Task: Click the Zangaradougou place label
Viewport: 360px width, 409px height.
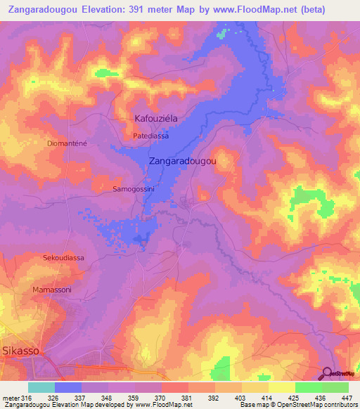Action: [182, 160]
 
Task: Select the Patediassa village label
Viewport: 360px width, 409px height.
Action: [150, 136]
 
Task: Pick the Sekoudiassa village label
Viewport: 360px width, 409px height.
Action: [63, 258]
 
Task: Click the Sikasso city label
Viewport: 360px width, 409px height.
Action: [20, 349]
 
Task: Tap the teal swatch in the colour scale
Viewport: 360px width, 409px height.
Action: [41, 387]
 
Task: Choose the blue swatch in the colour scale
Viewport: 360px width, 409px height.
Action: [68, 387]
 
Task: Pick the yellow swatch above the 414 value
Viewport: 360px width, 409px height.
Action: [255, 387]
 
